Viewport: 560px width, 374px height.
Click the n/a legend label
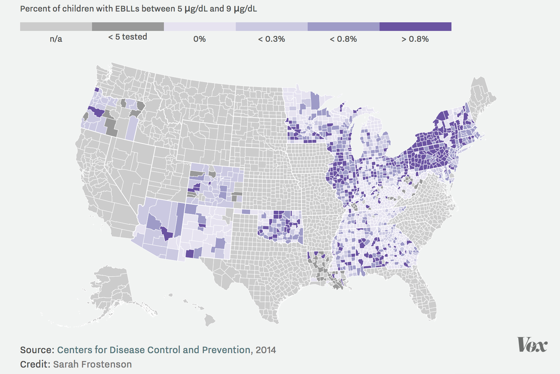[56, 39]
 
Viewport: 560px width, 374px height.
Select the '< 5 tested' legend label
[128, 37]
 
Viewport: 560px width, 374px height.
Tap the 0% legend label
[199, 39]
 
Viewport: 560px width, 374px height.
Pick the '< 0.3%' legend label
[271, 39]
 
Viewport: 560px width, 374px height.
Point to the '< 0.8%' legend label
[343, 39]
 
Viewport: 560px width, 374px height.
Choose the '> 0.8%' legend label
[415, 39]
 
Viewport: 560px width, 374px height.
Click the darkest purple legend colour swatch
[415, 27]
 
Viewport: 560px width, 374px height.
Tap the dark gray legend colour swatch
[128, 27]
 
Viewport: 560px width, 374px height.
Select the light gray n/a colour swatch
[56, 27]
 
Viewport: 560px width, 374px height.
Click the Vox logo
[532, 345]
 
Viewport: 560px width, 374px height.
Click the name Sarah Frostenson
[92, 364]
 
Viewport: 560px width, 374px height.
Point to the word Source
[37, 350]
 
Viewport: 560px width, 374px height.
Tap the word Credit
[35, 364]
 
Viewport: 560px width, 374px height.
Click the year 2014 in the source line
[266, 350]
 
